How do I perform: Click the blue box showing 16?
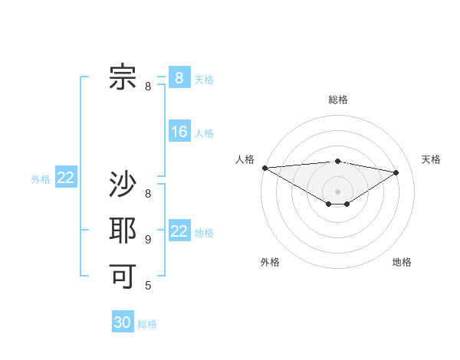tap(179, 132)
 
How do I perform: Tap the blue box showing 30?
tap(123, 322)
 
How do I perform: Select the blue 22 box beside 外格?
tap(66, 178)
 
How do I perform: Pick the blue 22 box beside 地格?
tap(179, 231)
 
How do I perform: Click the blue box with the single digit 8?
tap(179, 77)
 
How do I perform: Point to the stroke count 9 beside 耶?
tap(148, 240)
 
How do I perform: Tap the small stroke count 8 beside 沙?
tap(148, 195)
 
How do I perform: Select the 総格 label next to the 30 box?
tap(147, 324)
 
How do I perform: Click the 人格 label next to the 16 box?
tap(204, 133)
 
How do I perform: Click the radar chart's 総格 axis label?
tap(338, 100)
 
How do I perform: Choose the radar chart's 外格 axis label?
tap(270, 263)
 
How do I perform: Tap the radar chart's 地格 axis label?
tap(402, 263)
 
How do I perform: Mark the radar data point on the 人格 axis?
tap(264, 168)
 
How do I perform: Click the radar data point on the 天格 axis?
tap(396, 172)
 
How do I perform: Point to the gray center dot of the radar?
tap(337, 190)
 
